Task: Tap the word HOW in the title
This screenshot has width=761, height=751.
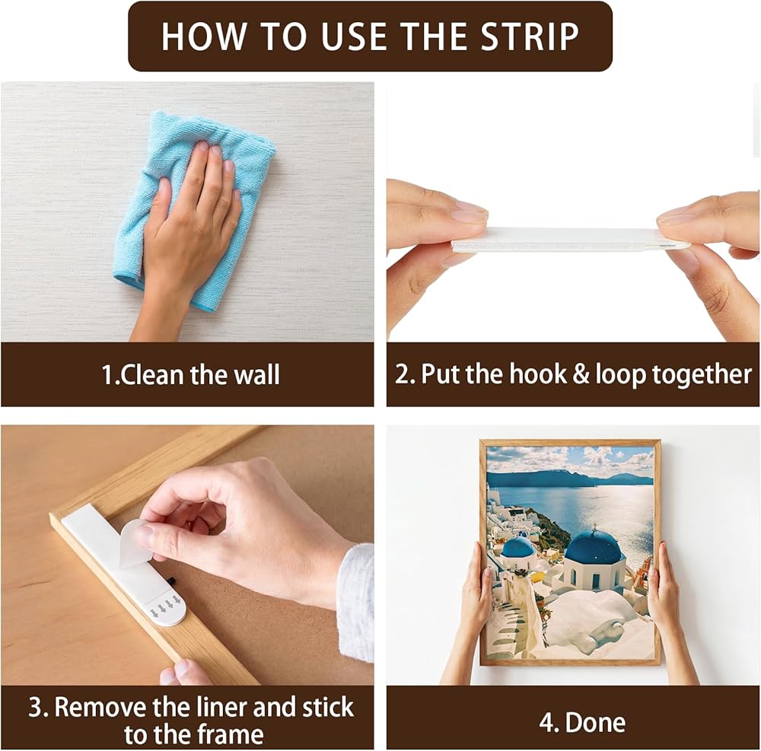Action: click(x=204, y=37)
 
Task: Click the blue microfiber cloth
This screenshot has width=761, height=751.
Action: click(x=194, y=208)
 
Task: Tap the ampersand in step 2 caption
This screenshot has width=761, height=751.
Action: click(x=580, y=374)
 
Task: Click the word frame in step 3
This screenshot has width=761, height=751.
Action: click(x=231, y=734)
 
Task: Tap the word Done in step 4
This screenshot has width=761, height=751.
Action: click(x=596, y=722)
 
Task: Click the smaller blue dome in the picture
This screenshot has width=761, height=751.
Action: click(x=517, y=547)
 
